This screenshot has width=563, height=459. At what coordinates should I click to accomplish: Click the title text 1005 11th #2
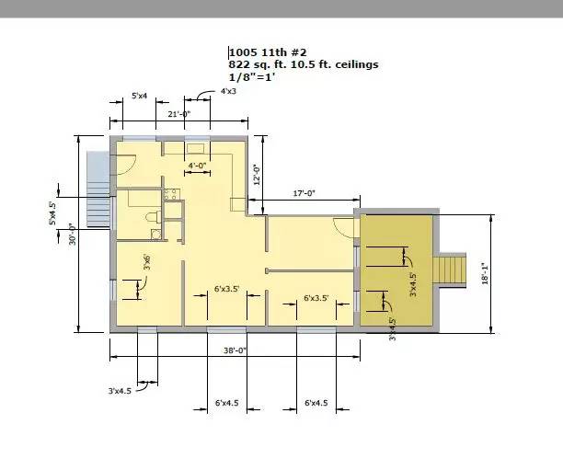268,52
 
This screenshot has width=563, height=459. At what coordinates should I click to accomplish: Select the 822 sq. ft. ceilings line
304,64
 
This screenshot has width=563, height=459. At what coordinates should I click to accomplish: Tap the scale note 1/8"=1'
252,77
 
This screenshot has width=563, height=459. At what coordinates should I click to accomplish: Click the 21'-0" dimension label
178,114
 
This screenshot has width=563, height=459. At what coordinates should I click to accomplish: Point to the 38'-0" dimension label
235,350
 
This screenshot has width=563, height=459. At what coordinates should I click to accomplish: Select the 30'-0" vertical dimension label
73,235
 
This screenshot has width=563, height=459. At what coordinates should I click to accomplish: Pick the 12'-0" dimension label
257,175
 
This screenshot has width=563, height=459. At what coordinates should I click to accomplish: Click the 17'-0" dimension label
304,193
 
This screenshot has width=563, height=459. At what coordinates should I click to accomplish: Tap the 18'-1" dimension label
486,273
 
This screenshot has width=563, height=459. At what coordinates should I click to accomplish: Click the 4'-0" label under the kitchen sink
197,166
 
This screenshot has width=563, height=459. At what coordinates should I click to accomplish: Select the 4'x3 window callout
228,91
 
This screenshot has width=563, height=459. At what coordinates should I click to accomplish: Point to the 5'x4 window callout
139,96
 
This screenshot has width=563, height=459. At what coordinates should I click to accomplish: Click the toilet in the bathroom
154,217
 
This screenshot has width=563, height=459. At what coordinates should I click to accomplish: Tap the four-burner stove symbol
170,194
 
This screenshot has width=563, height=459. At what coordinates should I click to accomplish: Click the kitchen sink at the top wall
196,148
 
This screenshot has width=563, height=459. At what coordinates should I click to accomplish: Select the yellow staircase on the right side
450,269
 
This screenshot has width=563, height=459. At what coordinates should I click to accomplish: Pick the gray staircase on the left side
98,189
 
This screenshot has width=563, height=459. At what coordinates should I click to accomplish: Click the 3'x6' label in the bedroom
147,262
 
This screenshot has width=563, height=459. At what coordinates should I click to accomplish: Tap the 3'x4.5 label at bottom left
120,391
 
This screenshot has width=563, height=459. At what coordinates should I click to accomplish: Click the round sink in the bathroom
155,235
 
